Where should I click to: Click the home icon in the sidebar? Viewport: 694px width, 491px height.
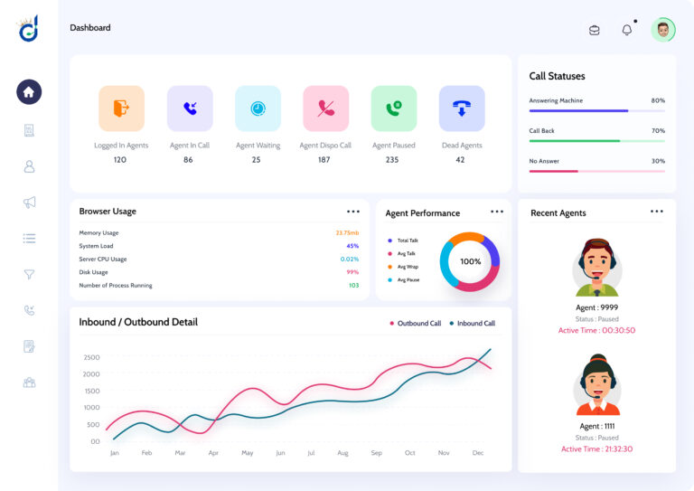pyautogui.click(x=29, y=91)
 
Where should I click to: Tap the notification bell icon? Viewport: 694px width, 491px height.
pyautogui.click(x=627, y=30)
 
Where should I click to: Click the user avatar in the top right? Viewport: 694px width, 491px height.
pyautogui.click(x=663, y=30)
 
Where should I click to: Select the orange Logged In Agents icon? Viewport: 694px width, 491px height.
pyautogui.click(x=121, y=109)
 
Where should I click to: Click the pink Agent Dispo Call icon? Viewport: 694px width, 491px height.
pyautogui.click(x=325, y=109)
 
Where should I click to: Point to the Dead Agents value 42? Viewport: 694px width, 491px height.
pyautogui.click(x=461, y=160)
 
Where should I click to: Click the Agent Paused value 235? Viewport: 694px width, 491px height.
pyautogui.click(x=392, y=160)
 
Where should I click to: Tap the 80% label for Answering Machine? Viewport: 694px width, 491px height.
pyautogui.click(x=658, y=100)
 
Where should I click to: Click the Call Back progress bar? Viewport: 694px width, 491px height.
pyautogui.click(x=596, y=141)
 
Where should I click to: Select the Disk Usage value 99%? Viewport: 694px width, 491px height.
pyautogui.click(x=352, y=272)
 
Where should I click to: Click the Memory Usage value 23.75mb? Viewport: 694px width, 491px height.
pyautogui.click(x=347, y=233)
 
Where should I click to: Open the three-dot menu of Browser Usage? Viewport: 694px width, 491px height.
pyautogui.click(x=353, y=212)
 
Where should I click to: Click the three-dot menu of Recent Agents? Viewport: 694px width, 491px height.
pyautogui.click(x=657, y=212)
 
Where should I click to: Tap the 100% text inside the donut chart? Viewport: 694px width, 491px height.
pyautogui.click(x=471, y=261)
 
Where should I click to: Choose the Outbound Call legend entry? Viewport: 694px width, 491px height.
pyautogui.click(x=415, y=323)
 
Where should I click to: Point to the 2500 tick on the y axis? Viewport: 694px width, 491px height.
pyautogui.click(x=91, y=357)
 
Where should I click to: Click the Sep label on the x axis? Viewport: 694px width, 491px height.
pyautogui.click(x=376, y=453)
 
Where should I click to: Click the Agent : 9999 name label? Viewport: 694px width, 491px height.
pyautogui.click(x=597, y=307)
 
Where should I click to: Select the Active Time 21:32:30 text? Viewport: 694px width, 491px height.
pyautogui.click(x=596, y=449)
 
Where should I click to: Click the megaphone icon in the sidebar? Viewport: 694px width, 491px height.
pyautogui.click(x=29, y=203)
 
